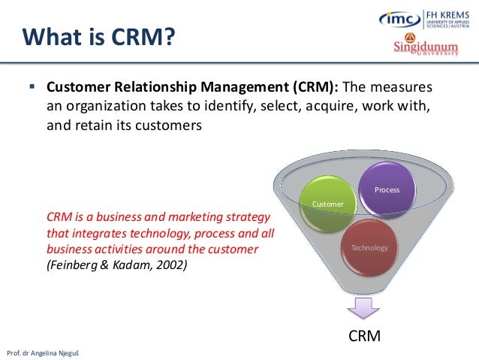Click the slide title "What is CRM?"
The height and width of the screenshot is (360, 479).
point(98,35)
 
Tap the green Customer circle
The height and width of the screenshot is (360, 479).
point(327,204)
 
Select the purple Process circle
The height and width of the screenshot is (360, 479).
point(387,189)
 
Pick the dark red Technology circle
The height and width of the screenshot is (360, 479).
point(369,247)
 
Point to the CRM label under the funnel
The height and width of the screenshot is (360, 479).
point(364,336)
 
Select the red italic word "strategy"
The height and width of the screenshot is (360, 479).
point(246,217)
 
